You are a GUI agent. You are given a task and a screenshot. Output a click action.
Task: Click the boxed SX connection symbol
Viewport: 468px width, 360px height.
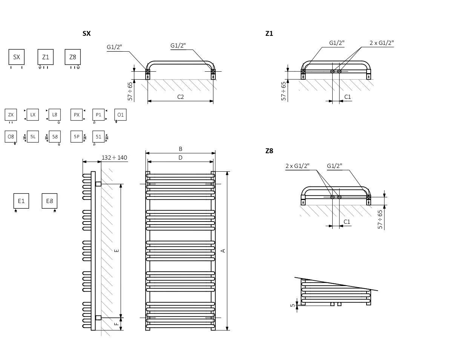pyautogui.click(x=17, y=57)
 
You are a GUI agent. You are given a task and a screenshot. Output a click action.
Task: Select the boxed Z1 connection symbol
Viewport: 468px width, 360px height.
pyautogui.click(x=46, y=57)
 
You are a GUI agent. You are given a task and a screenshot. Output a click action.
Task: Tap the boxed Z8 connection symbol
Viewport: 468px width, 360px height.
pyautogui.click(x=73, y=57)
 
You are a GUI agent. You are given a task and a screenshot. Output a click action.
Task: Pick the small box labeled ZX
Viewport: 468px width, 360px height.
pyautogui.click(x=11, y=115)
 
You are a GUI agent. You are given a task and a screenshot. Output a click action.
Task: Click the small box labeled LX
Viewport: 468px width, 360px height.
pyautogui.click(x=33, y=115)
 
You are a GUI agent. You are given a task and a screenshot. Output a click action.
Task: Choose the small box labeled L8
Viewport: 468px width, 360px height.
pyautogui.click(x=55, y=115)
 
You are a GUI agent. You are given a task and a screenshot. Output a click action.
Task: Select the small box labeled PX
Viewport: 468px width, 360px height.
pyautogui.click(x=77, y=115)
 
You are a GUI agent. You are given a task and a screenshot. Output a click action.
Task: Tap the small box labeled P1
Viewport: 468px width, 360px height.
pyautogui.click(x=98, y=115)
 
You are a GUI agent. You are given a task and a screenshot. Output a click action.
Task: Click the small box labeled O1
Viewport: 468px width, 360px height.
pyautogui.click(x=120, y=115)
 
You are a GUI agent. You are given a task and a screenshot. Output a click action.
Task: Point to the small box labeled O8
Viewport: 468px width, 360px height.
pyautogui.click(x=11, y=137)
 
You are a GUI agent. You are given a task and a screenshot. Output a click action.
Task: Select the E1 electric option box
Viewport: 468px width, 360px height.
pyautogui.click(x=21, y=201)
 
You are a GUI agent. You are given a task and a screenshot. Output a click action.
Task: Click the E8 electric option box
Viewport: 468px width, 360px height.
pyautogui.click(x=49, y=201)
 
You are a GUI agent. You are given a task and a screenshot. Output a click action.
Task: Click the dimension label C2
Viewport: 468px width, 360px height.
pyautogui.click(x=181, y=97)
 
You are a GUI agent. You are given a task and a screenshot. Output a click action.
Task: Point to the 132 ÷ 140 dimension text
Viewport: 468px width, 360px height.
pyautogui.click(x=114, y=157)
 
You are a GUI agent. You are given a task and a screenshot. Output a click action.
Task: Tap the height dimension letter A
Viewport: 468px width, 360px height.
pyautogui.click(x=223, y=251)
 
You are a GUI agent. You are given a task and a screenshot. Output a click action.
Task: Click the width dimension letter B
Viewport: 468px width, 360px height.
pyautogui.click(x=181, y=149)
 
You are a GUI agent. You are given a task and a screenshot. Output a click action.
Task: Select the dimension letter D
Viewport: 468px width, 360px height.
pyautogui.click(x=180, y=158)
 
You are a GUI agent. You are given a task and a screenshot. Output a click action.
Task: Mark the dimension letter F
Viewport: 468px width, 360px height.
pyautogui.click(x=117, y=323)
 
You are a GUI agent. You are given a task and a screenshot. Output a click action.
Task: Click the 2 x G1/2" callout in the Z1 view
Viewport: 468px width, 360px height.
pyautogui.click(x=382, y=43)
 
